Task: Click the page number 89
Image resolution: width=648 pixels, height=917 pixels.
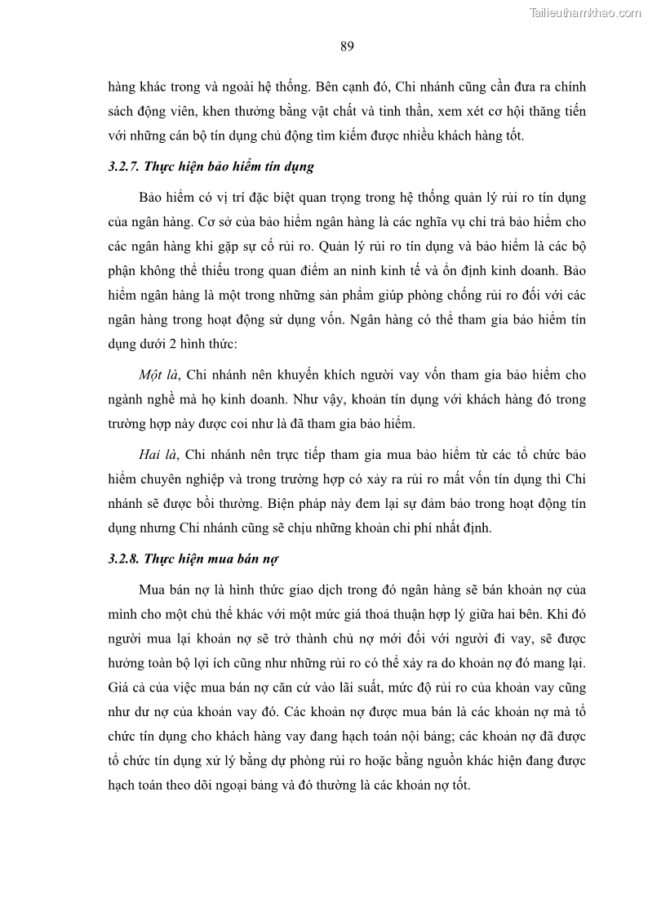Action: click(x=346, y=46)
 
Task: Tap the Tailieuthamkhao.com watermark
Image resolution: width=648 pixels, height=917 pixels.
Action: click(x=585, y=12)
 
